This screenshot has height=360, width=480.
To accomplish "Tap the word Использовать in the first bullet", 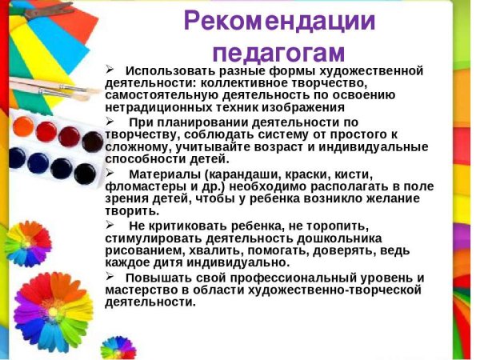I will (167, 71).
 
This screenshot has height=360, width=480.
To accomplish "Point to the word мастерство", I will (140, 290).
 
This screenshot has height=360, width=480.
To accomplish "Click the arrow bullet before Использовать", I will (110, 70).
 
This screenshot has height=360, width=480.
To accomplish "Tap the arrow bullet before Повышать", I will (110, 277).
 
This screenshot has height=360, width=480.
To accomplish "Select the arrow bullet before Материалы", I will (110, 173).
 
